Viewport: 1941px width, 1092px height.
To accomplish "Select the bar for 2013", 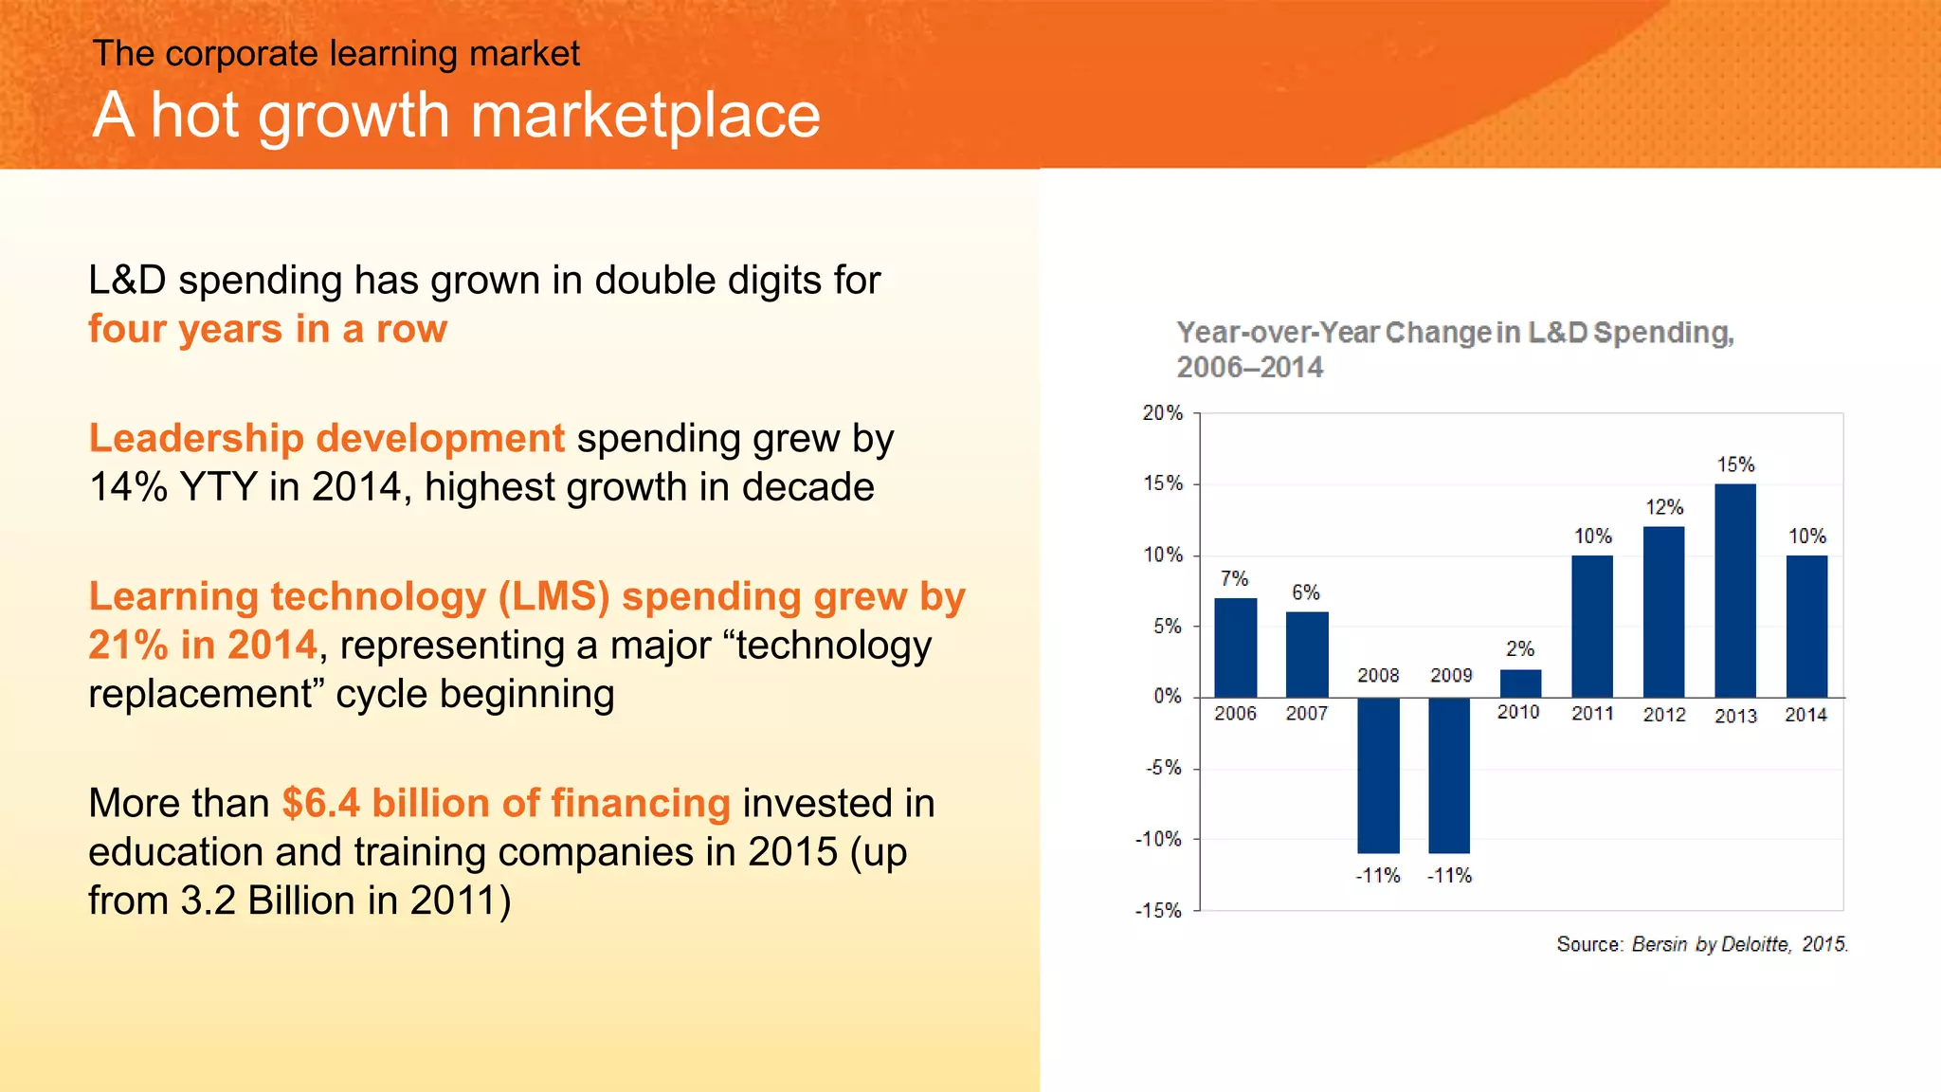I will [x=1734, y=591].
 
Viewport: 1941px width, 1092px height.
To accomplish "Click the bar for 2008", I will [x=1378, y=775].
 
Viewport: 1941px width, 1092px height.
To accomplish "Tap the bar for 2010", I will [x=1520, y=683].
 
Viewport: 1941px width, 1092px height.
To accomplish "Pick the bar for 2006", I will [x=1235, y=647].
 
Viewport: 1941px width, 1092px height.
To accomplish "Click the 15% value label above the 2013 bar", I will [x=1735, y=464].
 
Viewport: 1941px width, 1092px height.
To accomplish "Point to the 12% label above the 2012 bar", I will [x=1664, y=507].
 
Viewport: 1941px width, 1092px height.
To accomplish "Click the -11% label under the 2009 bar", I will [x=1449, y=876].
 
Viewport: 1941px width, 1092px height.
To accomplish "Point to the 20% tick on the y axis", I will [x=1162, y=413].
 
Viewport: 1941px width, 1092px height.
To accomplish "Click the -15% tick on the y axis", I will [x=1158, y=911].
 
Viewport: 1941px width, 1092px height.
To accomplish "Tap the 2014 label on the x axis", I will [x=1805, y=715].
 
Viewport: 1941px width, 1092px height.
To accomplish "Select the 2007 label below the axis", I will [x=1306, y=714].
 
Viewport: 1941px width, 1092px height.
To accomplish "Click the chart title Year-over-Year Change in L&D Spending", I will [x=1455, y=333].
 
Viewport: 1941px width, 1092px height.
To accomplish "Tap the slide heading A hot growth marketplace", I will [x=456, y=116].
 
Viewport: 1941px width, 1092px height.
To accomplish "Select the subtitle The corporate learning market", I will [x=336, y=54].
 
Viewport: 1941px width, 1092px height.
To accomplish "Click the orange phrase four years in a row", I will [x=267, y=329].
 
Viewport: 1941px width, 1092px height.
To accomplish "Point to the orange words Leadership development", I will [x=326, y=438].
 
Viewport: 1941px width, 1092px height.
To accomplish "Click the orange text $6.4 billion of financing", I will [x=506, y=803].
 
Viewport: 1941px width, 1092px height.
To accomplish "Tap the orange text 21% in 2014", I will [x=202, y=646].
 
